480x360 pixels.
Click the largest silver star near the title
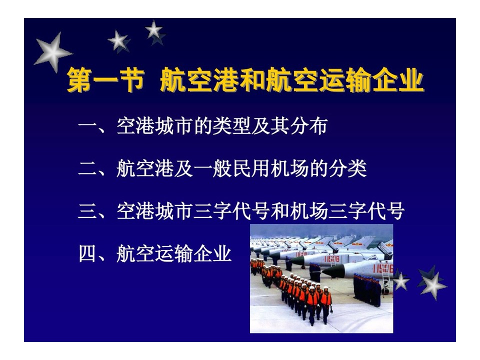pyautogui.click(x=52, y=52)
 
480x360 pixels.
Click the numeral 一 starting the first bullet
pyautogui.click(x=88, y=125)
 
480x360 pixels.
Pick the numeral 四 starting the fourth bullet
pyautogui.click(x=88, y=253)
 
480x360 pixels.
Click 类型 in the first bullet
pyautogui.click(x=231, y=126)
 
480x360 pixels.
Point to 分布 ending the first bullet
pyautogui.click(x=309, y=126)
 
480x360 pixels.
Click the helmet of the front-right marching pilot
pyautogui.click(x=325, y=288)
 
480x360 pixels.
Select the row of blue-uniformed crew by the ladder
pyautogui.click(x=367, y=290)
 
